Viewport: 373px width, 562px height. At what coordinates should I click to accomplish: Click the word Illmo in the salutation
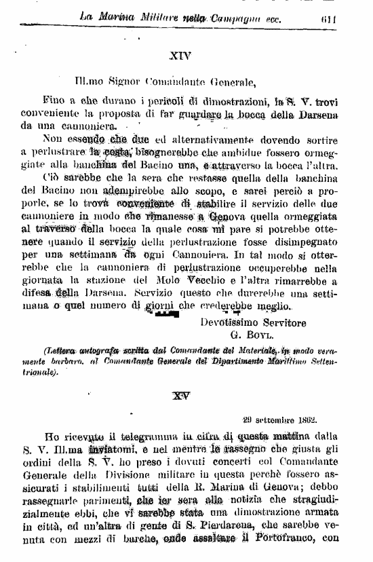(96, 84)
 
